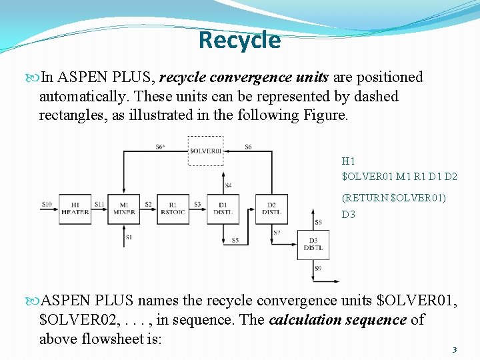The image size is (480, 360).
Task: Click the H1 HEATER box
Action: pyautogui.click(x=75, y=209)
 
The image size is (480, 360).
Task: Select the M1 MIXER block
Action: pyautogui.click(x=123, y=209)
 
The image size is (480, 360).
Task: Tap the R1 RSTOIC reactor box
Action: pyautogui.click(x=173, y=209)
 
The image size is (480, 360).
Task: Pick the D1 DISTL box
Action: pyautogui.click(x=223, y=209)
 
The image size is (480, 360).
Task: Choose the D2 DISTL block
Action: pyautogui.click(x=272, y=209)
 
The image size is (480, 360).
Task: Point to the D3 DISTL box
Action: pyautogui.click(x=313, y=245)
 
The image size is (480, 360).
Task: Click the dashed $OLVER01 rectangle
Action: pyautogui.click(x=205, y=151)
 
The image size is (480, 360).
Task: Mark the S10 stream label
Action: pyautogui.click(x=47, y=203)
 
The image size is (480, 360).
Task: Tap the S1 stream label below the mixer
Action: pyautogui.click(x=129, y=237)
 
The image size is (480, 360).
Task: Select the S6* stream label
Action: pyautogui.click(x=161, y=147)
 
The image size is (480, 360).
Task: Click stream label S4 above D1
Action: pyautogui.click(x=228, y=185)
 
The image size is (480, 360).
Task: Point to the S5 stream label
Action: pyautogui.click(x=235, y=240)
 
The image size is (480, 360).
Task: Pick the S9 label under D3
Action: pyautogui.click(x=318, y=269)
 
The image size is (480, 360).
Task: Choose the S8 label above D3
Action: pyautogui.click(x=318, y=222)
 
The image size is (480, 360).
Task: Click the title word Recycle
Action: pyautogui.click(x=239, y=40)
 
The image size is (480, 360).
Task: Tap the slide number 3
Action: pyautogui.click(x=454, y=349)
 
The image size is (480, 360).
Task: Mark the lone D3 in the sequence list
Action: pyautogui.click(x=349, y=215)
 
